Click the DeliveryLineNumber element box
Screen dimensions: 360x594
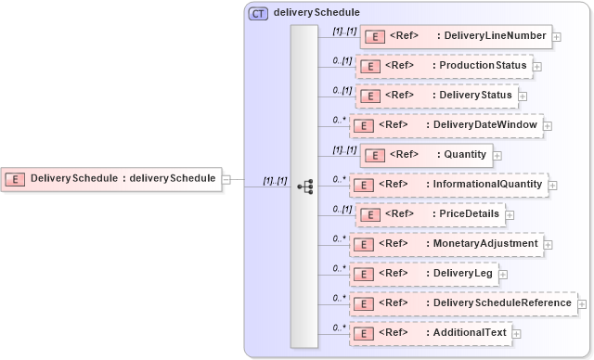tap(455, 37)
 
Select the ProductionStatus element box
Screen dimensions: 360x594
tap(445, 67)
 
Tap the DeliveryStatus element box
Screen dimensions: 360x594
tap(437, 96)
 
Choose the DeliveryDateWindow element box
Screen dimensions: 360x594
tap(445, 125)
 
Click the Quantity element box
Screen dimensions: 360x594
tap(425, 155)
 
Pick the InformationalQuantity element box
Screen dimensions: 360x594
tap(448, 185)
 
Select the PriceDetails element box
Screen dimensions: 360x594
tap(433, 214)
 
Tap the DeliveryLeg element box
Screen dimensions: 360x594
tap(424, 274)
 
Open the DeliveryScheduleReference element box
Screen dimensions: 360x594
tap(462, 303)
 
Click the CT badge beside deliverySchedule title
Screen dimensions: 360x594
tap(258, 14)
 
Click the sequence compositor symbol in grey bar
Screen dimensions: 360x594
tap(304, 186)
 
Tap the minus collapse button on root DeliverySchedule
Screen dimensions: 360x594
tap(227, 178)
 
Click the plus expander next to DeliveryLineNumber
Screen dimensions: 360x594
tap(557, 38)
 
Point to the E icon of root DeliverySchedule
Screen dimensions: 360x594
tap(15, 178)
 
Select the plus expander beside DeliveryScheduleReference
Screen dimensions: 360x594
tap(582, 304)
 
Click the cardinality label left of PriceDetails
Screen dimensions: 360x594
tap(342, 209)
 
